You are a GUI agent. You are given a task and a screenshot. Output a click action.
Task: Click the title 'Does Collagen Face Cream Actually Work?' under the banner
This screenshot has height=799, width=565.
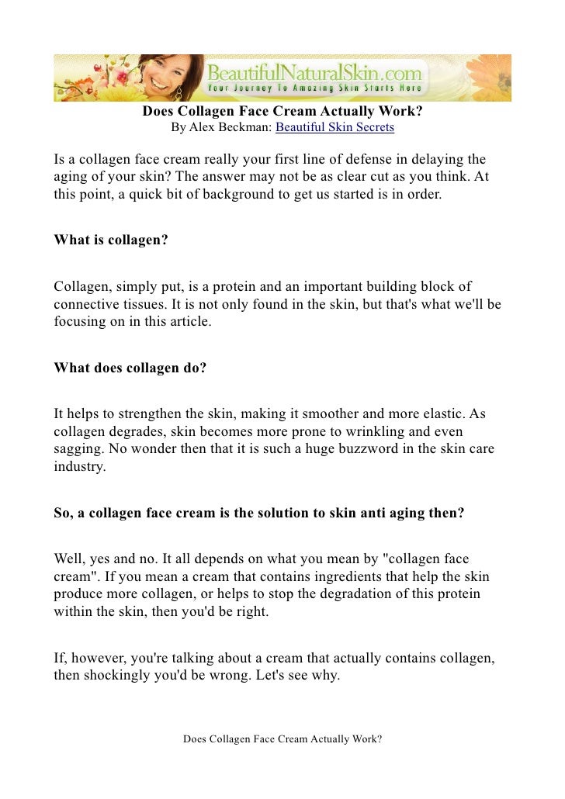282,111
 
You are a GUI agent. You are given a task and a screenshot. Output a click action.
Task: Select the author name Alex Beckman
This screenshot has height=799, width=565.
230,127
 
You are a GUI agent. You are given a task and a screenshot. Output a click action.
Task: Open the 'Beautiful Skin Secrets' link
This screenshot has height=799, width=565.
334,127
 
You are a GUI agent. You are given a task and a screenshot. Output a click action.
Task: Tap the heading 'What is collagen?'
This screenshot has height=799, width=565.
111,240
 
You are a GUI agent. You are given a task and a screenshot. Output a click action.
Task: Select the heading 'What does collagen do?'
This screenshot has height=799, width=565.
130,368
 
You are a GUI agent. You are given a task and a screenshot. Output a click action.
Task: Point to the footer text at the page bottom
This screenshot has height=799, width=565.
282,739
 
